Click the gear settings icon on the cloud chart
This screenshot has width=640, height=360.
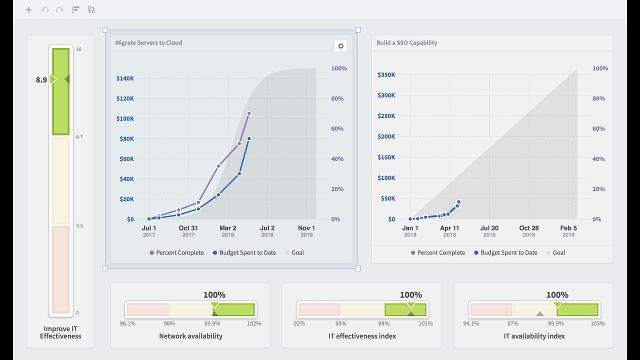340,46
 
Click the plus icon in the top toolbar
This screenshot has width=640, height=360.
28,9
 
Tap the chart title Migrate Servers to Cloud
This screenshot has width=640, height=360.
148,43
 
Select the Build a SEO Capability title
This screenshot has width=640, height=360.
406,43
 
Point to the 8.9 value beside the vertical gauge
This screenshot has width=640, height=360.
41,79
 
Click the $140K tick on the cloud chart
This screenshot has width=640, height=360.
125,78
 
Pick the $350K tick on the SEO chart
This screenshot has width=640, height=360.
386,75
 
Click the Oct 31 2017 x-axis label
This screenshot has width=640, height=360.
188,231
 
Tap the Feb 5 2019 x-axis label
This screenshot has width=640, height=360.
568,231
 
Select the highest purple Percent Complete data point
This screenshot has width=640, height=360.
248,113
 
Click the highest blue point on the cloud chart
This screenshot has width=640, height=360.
248,138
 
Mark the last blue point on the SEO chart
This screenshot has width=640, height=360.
458,202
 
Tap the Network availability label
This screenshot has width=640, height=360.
190,336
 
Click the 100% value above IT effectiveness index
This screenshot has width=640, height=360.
410,295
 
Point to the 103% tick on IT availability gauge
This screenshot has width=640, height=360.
597,323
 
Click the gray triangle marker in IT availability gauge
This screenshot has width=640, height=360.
539,314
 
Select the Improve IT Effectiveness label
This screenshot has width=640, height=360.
60,332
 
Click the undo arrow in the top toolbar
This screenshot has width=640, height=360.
45,9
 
